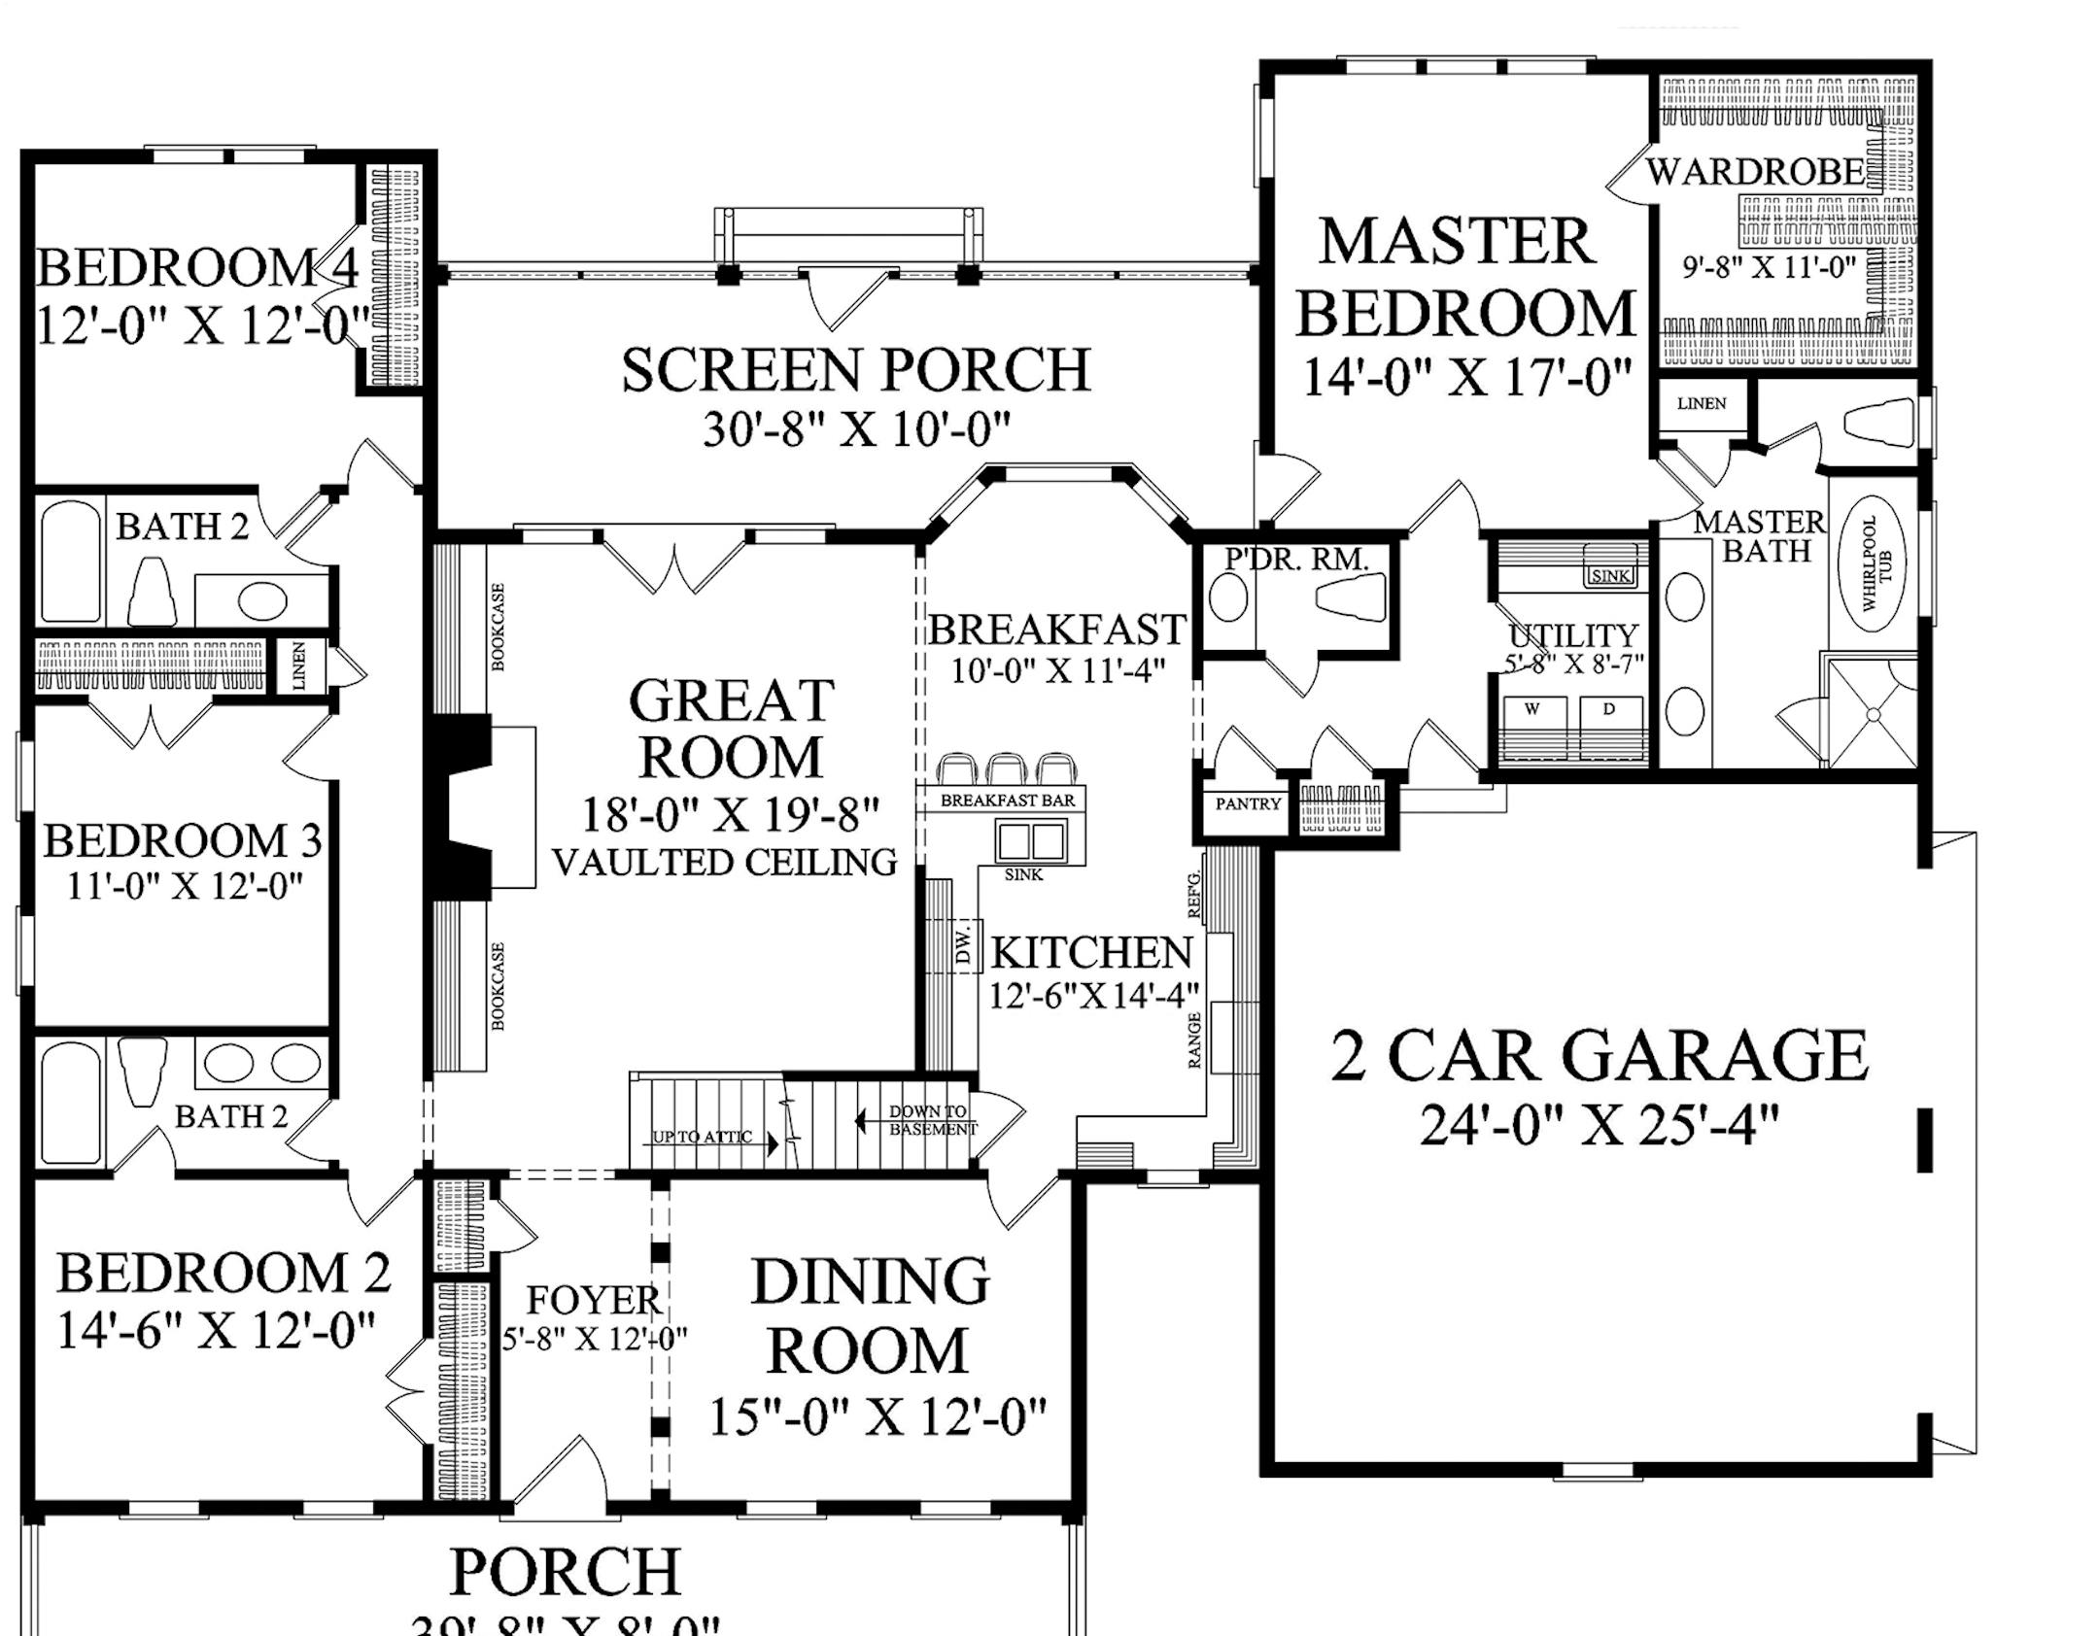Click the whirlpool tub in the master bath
(x=1871, y=562)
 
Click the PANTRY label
(x=1248, y=804)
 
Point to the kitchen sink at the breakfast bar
(x=1030, y=839)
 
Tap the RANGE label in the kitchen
(x=1195, y=1040)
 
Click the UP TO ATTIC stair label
(x=702, y=1137)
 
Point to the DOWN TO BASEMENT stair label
(x=930, y=1120)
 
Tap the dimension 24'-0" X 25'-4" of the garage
(x=1599, y=1127)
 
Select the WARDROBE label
(x=1755, y=172)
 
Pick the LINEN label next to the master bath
(x=1702, y=403)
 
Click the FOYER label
(x=594, y=1300)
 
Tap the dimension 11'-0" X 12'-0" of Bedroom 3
(x=185, y=886)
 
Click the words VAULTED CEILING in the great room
(x=725, y=863)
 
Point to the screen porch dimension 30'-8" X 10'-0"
(x=856, y=429)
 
